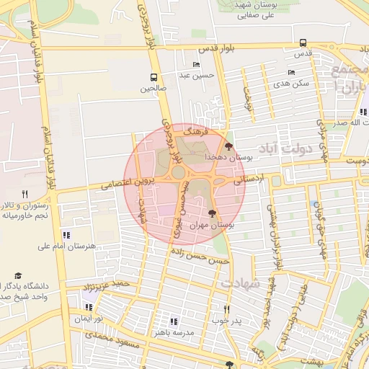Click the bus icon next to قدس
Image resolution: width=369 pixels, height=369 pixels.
point(302,43)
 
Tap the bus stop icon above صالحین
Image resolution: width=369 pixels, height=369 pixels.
point(154,77)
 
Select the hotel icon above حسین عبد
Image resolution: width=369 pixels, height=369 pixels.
point(197,64)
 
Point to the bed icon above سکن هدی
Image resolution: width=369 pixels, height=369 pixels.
point(292,72)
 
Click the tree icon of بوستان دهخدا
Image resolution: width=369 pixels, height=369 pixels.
point(229,146)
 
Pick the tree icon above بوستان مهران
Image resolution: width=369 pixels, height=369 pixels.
point(212,213)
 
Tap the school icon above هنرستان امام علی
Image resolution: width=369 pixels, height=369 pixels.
point(66,235)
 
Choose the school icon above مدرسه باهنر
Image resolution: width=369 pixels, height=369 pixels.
point(173,321)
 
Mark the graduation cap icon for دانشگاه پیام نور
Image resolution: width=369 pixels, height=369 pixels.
point(18,276)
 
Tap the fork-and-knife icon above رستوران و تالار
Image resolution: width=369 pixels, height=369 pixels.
point(25,194)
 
